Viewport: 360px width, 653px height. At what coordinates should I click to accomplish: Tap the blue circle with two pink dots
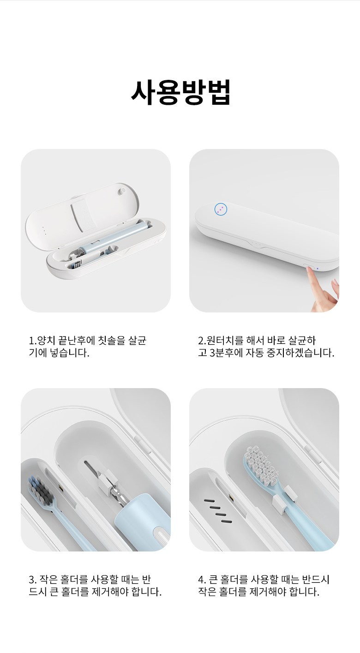(x=221, y=209)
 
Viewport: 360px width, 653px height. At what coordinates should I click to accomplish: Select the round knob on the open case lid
(x=122, y=191)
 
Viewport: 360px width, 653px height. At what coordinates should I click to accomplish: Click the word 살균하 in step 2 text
(x=302, y=340)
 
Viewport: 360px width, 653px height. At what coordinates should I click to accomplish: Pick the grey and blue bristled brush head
(x=42, y=490)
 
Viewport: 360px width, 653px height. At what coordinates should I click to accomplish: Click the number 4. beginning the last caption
(x=202, y=580)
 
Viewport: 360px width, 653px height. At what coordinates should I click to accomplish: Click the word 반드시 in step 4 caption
(x=315, y=579)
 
